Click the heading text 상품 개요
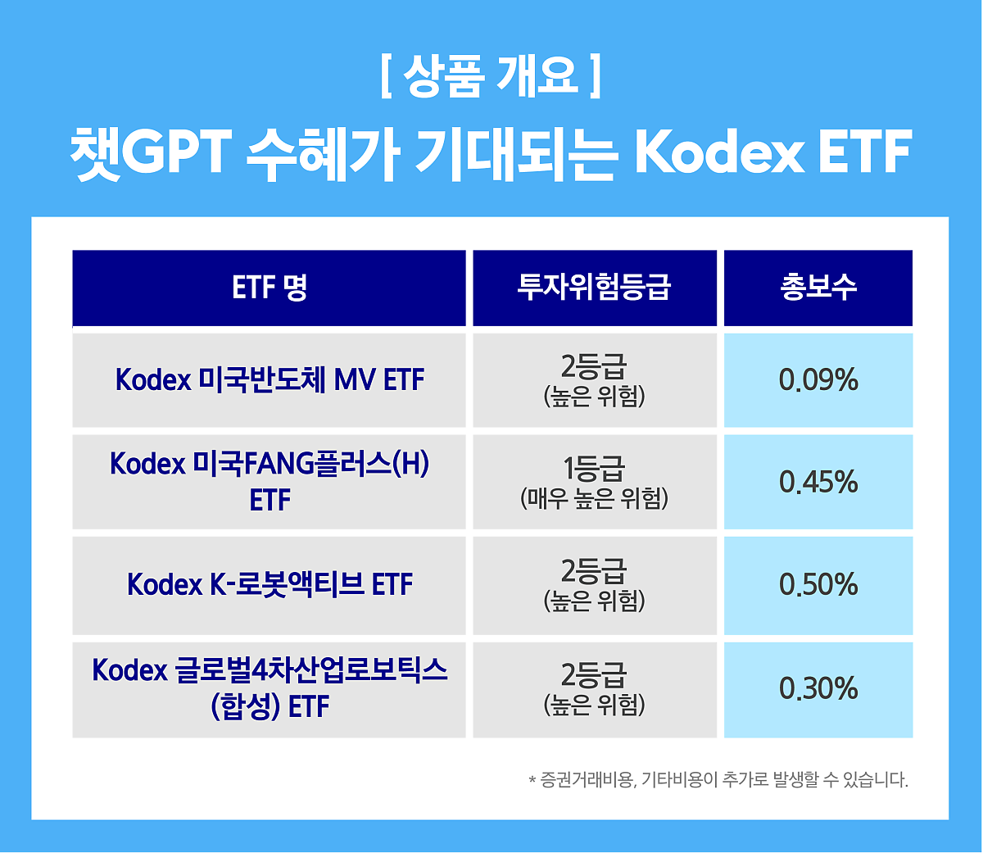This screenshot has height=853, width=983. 490,76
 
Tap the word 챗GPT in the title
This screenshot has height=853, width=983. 151,153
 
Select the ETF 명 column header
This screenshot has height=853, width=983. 269,288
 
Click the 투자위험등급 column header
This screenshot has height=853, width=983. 594,288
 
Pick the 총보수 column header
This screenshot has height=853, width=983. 818,288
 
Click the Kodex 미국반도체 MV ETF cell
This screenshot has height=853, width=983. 270,379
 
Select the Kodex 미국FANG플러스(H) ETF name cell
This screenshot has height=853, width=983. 270,482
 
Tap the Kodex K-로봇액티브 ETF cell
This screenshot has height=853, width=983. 270,584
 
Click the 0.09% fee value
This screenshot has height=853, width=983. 818,379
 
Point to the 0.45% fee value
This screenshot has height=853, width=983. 818,482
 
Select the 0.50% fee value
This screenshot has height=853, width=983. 818,584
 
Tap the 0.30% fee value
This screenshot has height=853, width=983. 818,688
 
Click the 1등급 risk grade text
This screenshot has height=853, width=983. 594,468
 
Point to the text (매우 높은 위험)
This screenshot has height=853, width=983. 594,499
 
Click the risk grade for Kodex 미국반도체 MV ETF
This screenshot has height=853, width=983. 594,379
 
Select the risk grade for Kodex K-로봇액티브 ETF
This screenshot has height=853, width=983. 594,584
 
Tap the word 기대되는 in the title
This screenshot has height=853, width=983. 514,154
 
